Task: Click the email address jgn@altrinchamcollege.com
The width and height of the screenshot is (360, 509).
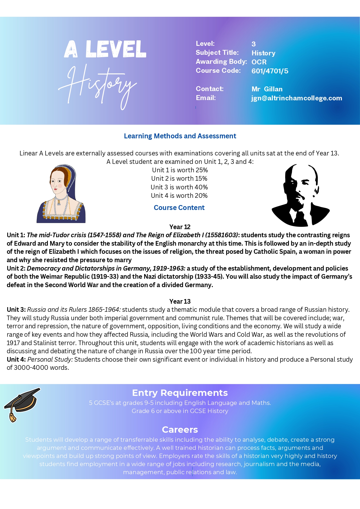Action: click(x=296, y=98)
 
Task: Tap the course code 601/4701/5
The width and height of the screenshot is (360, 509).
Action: click(x=270, y=71)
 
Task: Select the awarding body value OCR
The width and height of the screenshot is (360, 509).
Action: click(x=259, y=62)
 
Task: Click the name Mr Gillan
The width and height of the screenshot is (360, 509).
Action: click(x=267, y=89)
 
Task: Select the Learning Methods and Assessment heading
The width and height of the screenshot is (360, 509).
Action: click(x=180, y=136)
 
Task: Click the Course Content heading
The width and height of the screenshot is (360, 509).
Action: click(x=179, y=208)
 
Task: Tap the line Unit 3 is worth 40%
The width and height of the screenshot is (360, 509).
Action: click(x=179, y=187)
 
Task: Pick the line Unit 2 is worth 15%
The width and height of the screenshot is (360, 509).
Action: click(x=179, y=178)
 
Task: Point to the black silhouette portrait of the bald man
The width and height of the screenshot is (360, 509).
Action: click(x=300, y=195)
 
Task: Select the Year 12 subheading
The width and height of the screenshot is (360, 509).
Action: click(x=180, y=227)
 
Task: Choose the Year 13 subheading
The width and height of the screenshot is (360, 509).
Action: click(x=180, y=301)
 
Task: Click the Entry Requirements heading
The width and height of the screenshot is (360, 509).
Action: click(x=180, y=393)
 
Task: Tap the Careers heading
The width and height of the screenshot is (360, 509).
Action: click(x=180, y=430)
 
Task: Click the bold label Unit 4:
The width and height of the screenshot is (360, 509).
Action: click(x=16, y=359)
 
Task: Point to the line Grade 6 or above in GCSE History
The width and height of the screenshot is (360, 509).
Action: click(x=180, y=411)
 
